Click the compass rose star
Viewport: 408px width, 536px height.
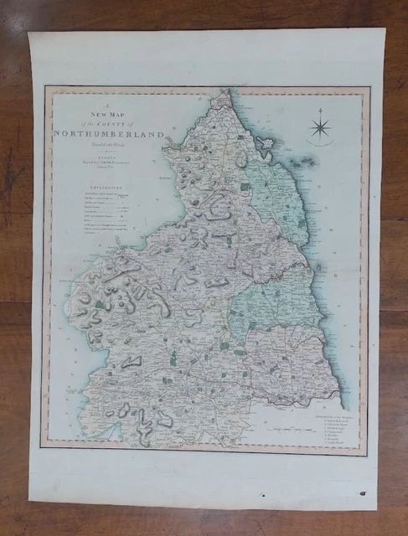coord(319,128)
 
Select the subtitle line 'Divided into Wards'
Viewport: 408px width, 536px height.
coord(95,141)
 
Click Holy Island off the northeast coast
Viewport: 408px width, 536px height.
coord(267,144)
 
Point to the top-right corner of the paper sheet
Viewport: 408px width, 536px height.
coord(384,31)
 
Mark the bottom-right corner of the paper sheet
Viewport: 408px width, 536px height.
coord(376,508)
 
